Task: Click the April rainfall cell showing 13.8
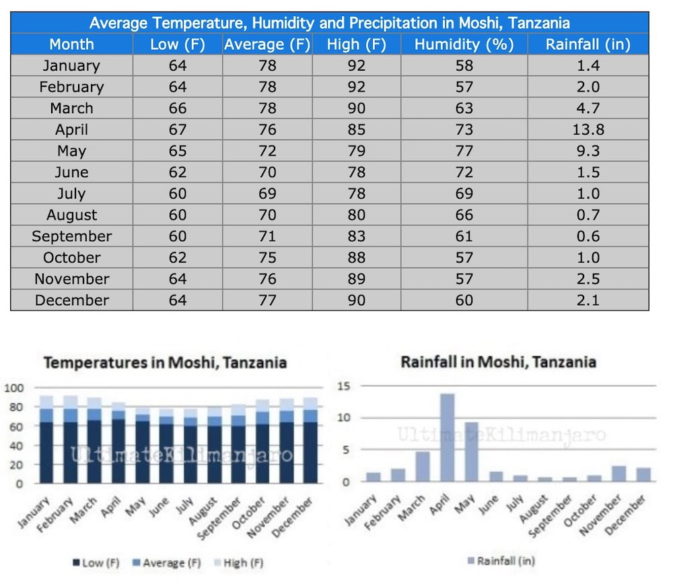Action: (588, 129)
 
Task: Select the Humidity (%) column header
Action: (464, 44)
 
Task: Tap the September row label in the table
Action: (71, 236)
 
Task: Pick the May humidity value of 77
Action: (464, 151)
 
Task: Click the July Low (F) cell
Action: (178, 194)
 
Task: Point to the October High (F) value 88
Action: (356, 258)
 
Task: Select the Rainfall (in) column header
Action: (588, 44)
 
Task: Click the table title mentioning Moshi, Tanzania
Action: (330, 22)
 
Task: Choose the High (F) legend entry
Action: (242, 562)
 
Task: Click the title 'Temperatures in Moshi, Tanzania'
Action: (165, 363)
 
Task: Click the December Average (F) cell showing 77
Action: (267, 300)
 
